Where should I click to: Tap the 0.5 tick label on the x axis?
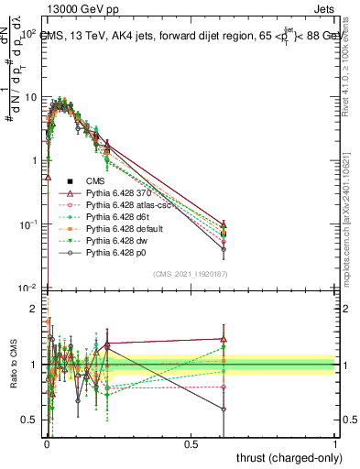point(191,442)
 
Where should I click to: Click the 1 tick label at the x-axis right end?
point(335,442)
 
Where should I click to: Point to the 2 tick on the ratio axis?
point(35,309)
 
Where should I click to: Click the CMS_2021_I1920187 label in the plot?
point(190,273)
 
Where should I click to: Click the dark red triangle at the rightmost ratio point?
point(223,339)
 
